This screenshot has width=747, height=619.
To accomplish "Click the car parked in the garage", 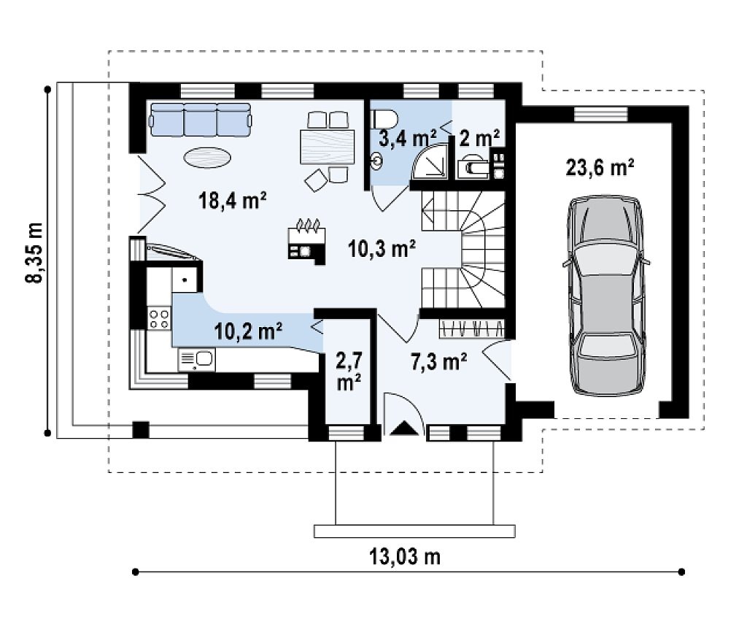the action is [605, 296].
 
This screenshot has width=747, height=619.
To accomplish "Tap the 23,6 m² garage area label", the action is [600, 168].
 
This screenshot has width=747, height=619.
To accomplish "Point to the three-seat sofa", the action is [200, 119].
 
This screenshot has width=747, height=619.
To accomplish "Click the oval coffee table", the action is [208, 157].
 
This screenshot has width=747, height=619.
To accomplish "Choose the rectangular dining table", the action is [328, 147].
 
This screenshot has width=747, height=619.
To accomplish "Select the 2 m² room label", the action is [479, 138].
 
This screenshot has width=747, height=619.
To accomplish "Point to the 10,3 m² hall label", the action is [382, 249].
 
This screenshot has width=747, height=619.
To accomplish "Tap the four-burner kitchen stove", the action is [159, 318].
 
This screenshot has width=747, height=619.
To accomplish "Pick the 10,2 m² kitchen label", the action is [248, 331].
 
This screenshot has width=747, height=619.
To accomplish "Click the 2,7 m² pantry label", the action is [349, 372].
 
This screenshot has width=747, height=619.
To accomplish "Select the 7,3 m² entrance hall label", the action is [438, 361].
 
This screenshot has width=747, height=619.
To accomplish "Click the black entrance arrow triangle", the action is [403, 428].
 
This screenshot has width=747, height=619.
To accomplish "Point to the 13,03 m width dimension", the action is [405, 556].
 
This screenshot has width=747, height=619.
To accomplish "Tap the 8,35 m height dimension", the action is [34, 253].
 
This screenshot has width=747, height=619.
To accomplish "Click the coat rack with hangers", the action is [472, 328].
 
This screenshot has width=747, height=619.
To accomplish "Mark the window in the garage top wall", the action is [601, 113].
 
